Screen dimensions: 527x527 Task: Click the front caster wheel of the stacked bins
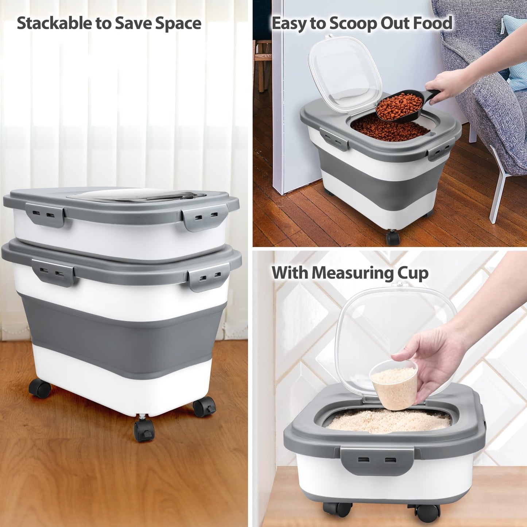[x=144, y=430]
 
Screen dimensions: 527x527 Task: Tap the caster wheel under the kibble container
[x=392, y=238]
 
